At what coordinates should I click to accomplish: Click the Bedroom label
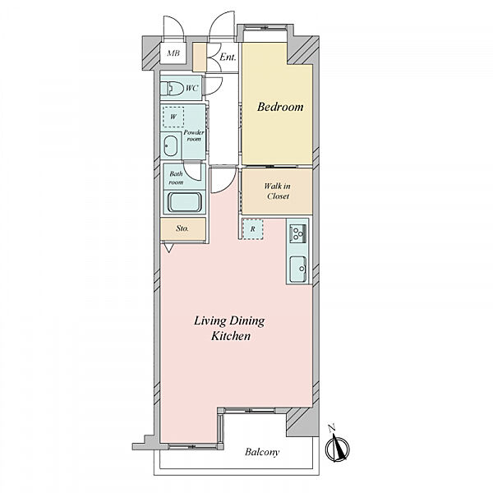tap(280, 107)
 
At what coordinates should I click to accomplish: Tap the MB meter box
tap(173, 53)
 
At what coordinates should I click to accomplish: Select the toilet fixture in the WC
tap(172, 89)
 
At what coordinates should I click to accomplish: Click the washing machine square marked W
tap(173, 117)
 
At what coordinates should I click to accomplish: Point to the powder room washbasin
tap(171, 145)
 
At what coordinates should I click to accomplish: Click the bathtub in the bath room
tap(185, 202)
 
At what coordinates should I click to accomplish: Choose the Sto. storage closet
tap(182, 229)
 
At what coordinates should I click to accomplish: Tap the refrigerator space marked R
tap(252, 229)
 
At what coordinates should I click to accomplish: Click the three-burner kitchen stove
tap(297, 233)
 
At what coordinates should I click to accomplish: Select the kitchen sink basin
tap(297, 270)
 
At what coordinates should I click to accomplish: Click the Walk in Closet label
tap(277, 191)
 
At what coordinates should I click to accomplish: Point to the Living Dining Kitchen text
tap(230, 329)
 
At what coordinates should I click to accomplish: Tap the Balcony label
tap(262, 453)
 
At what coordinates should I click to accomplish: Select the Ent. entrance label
tap(228, 58)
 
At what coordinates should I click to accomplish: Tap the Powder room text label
tap(194, 136)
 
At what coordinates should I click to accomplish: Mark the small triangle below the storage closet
tap(168, 248)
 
